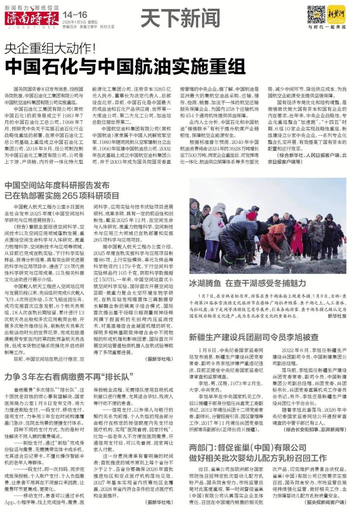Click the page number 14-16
click(75, 15)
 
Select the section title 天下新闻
click(180, 18)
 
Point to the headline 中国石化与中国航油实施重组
click(125, 66)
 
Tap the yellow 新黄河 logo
click(336, 14)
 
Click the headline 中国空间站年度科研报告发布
click(57, 185)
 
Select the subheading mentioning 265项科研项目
click(62, 195)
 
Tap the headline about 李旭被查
click(254, 337)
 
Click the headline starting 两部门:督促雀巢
click(247, 448)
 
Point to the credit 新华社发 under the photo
click(337, 316)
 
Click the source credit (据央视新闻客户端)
click(325, 502)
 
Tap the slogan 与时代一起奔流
click(327, 27)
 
